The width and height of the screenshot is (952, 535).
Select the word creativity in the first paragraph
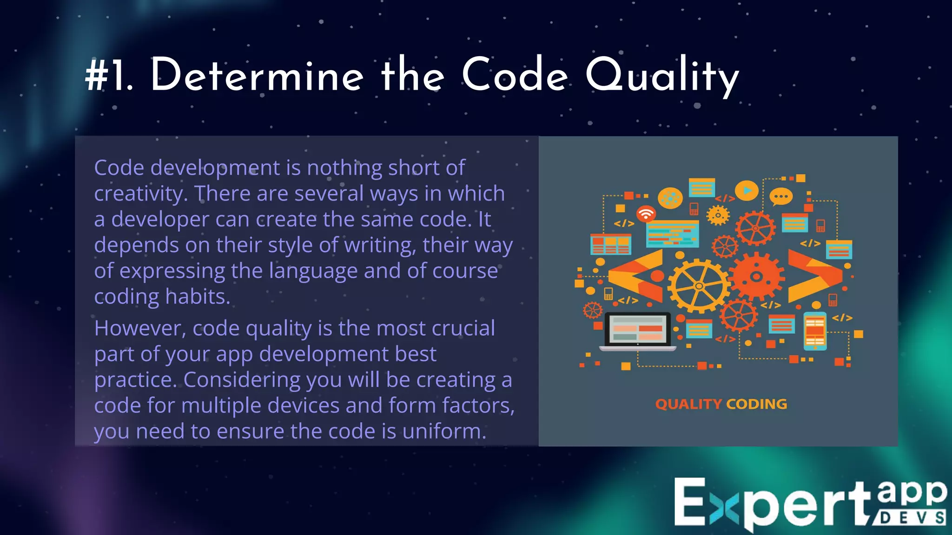tap(140, 194)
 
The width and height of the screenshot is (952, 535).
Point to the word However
tap(140, 329)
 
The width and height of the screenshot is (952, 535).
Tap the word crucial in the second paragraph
tap(463, 329)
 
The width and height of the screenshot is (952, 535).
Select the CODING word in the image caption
tap(757, 404)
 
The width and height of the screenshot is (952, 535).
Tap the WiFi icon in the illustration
tap(646, 214)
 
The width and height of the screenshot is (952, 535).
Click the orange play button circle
tap(747, 190)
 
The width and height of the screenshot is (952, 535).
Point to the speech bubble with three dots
tap(781, 197)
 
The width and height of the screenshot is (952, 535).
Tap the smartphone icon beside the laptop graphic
tap(815, 331)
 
